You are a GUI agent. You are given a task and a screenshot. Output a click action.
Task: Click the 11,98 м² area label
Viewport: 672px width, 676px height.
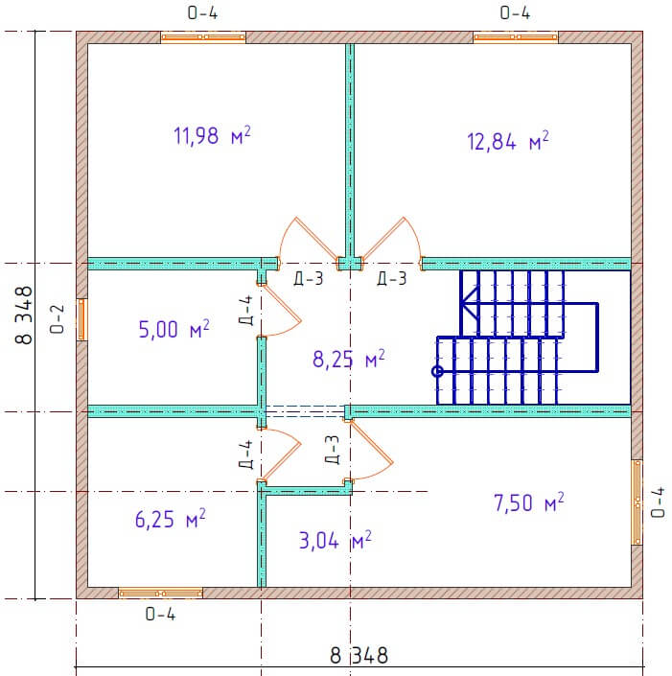click(x=212, y=135)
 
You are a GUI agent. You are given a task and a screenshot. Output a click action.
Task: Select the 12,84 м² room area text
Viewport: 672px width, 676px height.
click(x=508, y=142)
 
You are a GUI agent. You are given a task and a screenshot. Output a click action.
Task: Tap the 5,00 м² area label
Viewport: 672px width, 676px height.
click(x=174, y=330)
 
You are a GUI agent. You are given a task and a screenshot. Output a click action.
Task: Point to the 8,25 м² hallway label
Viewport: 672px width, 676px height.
click(x=349, y=360)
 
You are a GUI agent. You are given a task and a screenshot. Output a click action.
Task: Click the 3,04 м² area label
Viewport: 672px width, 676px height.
click(x=335, y=541)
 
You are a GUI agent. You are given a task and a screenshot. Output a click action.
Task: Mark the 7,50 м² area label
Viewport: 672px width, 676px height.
click(x=528, y=503)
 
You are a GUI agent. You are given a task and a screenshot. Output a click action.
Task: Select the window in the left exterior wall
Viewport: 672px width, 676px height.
click(x=81, y=318)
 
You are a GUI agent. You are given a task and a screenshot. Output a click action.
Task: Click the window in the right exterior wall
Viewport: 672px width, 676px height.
click(x=637, y=502)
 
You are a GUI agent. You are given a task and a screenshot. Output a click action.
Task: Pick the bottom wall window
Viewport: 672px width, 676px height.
click(x=160, y=594)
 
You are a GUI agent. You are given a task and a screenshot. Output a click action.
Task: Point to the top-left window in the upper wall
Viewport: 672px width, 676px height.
click(x=202, y=37)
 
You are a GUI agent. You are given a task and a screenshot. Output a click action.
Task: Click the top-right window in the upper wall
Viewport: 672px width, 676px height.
click(x=516, y=37)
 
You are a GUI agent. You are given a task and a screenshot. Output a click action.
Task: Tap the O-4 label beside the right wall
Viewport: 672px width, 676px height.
click(x=657, y=502)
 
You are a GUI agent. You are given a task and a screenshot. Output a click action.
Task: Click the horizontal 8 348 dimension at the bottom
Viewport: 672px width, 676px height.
click(x=359, y=656)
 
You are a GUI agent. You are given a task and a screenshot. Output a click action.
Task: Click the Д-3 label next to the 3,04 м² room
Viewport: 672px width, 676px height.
click(x=333, y=450)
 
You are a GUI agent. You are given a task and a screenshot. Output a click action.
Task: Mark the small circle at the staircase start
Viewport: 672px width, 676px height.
click(x=438, y=371)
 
